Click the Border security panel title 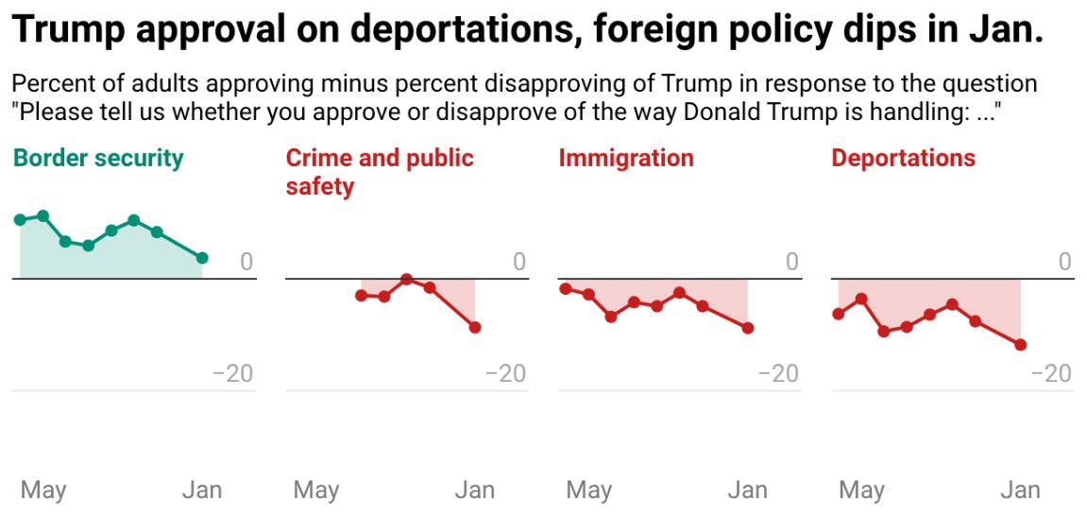click(98, 158)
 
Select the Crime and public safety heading click(379, 171)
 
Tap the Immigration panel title click(625, 158)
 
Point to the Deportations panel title click(903, 158)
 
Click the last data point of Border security click(202, 258)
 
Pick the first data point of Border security click(20, 219)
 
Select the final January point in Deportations click(1020, 345)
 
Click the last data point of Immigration click(748, 328)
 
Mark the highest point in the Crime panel click(406, 279)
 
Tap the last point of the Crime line click(475, 327)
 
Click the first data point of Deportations click(838, 314)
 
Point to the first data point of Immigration click(565, 288)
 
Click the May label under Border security click(43, 489)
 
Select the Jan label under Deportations click(1020, 489)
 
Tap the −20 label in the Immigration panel click(778, 373)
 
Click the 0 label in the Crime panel click(518, 262)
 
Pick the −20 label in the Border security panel click(232, 373)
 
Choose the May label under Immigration click(588, 489)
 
